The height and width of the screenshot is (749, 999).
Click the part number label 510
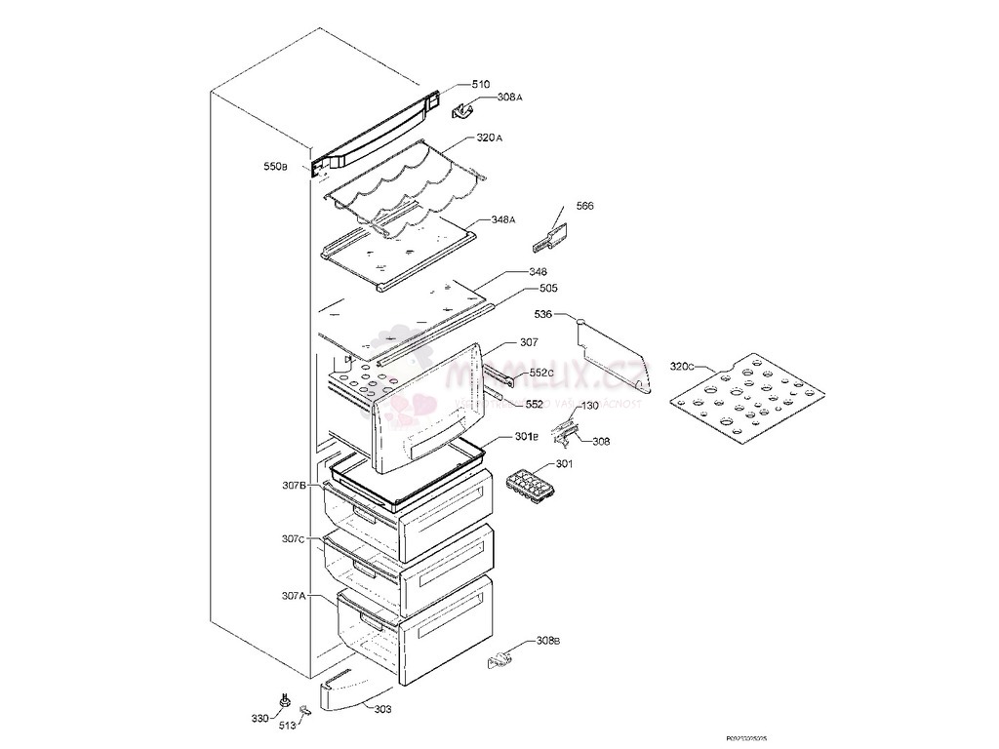(481, 85)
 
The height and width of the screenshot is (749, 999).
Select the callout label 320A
(490, 138)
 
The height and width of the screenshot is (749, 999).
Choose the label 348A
(503, 219)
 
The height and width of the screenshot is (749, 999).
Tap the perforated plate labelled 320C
(743, 401)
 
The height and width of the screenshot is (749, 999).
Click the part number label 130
(590, 406)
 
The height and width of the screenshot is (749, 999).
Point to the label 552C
(541, 374)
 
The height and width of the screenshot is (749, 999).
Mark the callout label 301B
(527, 436)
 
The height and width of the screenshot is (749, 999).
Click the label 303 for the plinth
(383, 709)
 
